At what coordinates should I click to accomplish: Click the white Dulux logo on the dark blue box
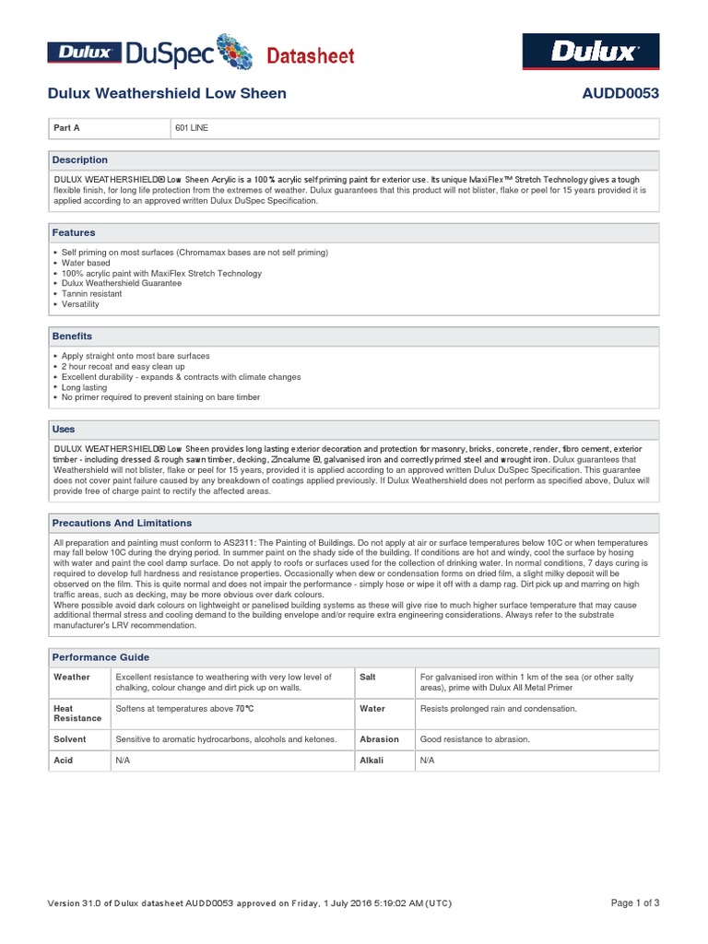(591, 52)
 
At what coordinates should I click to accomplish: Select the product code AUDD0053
(620, 93)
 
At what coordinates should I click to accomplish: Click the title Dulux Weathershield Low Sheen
(167, 93)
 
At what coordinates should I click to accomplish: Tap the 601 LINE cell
(192, 128)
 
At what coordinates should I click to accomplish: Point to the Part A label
(68, 128)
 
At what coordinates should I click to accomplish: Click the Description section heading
(80, 159)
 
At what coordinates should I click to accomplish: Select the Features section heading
(74, 233)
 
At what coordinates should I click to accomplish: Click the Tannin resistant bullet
(91, 294)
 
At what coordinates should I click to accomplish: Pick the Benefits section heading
(72, 336)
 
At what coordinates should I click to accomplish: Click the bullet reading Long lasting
(84, 387)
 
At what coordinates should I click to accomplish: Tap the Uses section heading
(64, 430)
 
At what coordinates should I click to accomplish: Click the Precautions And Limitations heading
(122, 523)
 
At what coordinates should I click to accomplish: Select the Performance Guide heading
(100, 657)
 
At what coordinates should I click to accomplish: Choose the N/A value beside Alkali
(427, 761)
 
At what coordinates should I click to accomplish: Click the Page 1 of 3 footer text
(635, 903)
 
